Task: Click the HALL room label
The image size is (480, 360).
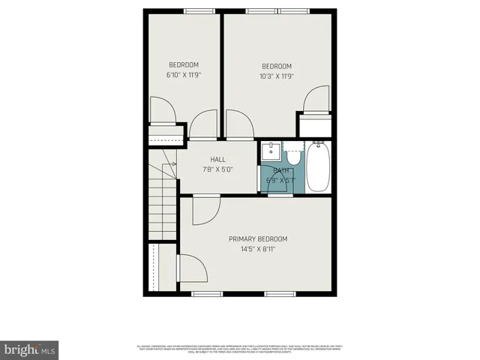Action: [x=218, y=159]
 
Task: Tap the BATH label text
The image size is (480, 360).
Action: [x=281, y=170]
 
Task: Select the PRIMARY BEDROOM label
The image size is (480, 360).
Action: [x=258, y=239]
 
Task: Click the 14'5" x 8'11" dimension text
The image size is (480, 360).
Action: [x=258, y=249]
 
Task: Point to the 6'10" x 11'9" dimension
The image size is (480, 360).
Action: [x=184, y=75]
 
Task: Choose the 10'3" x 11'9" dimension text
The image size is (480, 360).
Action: [x=277, y=76]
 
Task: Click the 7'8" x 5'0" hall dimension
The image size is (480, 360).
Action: [x=218, y=169]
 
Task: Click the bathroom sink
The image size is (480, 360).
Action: [x=271, y=151]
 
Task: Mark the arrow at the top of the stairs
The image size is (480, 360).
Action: [x=172, y=163]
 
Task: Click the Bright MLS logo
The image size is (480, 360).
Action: [x=30, y=349]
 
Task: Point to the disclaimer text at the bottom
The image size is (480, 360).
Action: [x=239, y=348]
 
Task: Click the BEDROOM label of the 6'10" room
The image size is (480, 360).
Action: [x=184, y=65]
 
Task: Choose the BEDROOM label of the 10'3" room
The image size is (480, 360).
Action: [x=277, y=66]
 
